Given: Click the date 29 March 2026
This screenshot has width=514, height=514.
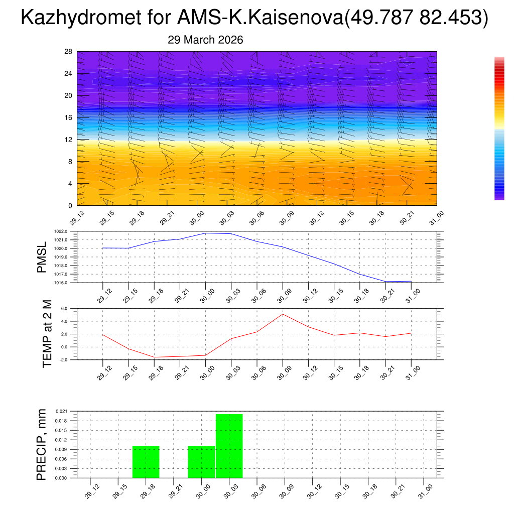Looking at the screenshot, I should tap(205, 40).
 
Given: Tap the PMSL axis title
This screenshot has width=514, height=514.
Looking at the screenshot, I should tap(42, 257).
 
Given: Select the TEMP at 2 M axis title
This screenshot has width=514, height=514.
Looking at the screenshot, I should tap(47, 334).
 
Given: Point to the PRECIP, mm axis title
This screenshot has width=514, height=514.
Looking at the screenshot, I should tap(42, 445).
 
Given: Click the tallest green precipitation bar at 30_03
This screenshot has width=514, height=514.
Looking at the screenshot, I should tap(229, 446).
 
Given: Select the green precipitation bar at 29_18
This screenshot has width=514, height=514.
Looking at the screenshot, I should tap(146, 462).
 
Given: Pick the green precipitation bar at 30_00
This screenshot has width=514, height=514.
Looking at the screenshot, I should tap(201, 462).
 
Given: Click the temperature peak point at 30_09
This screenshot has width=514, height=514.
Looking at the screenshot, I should tap(283, 314).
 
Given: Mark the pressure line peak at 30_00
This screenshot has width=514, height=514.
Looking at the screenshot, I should tap(205, 233).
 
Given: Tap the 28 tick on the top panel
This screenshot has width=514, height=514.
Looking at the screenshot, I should tap(69, 52).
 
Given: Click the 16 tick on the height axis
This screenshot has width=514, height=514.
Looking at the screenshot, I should tap(69, 117).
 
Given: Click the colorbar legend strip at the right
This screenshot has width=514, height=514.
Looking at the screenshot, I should tap(499, 128).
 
